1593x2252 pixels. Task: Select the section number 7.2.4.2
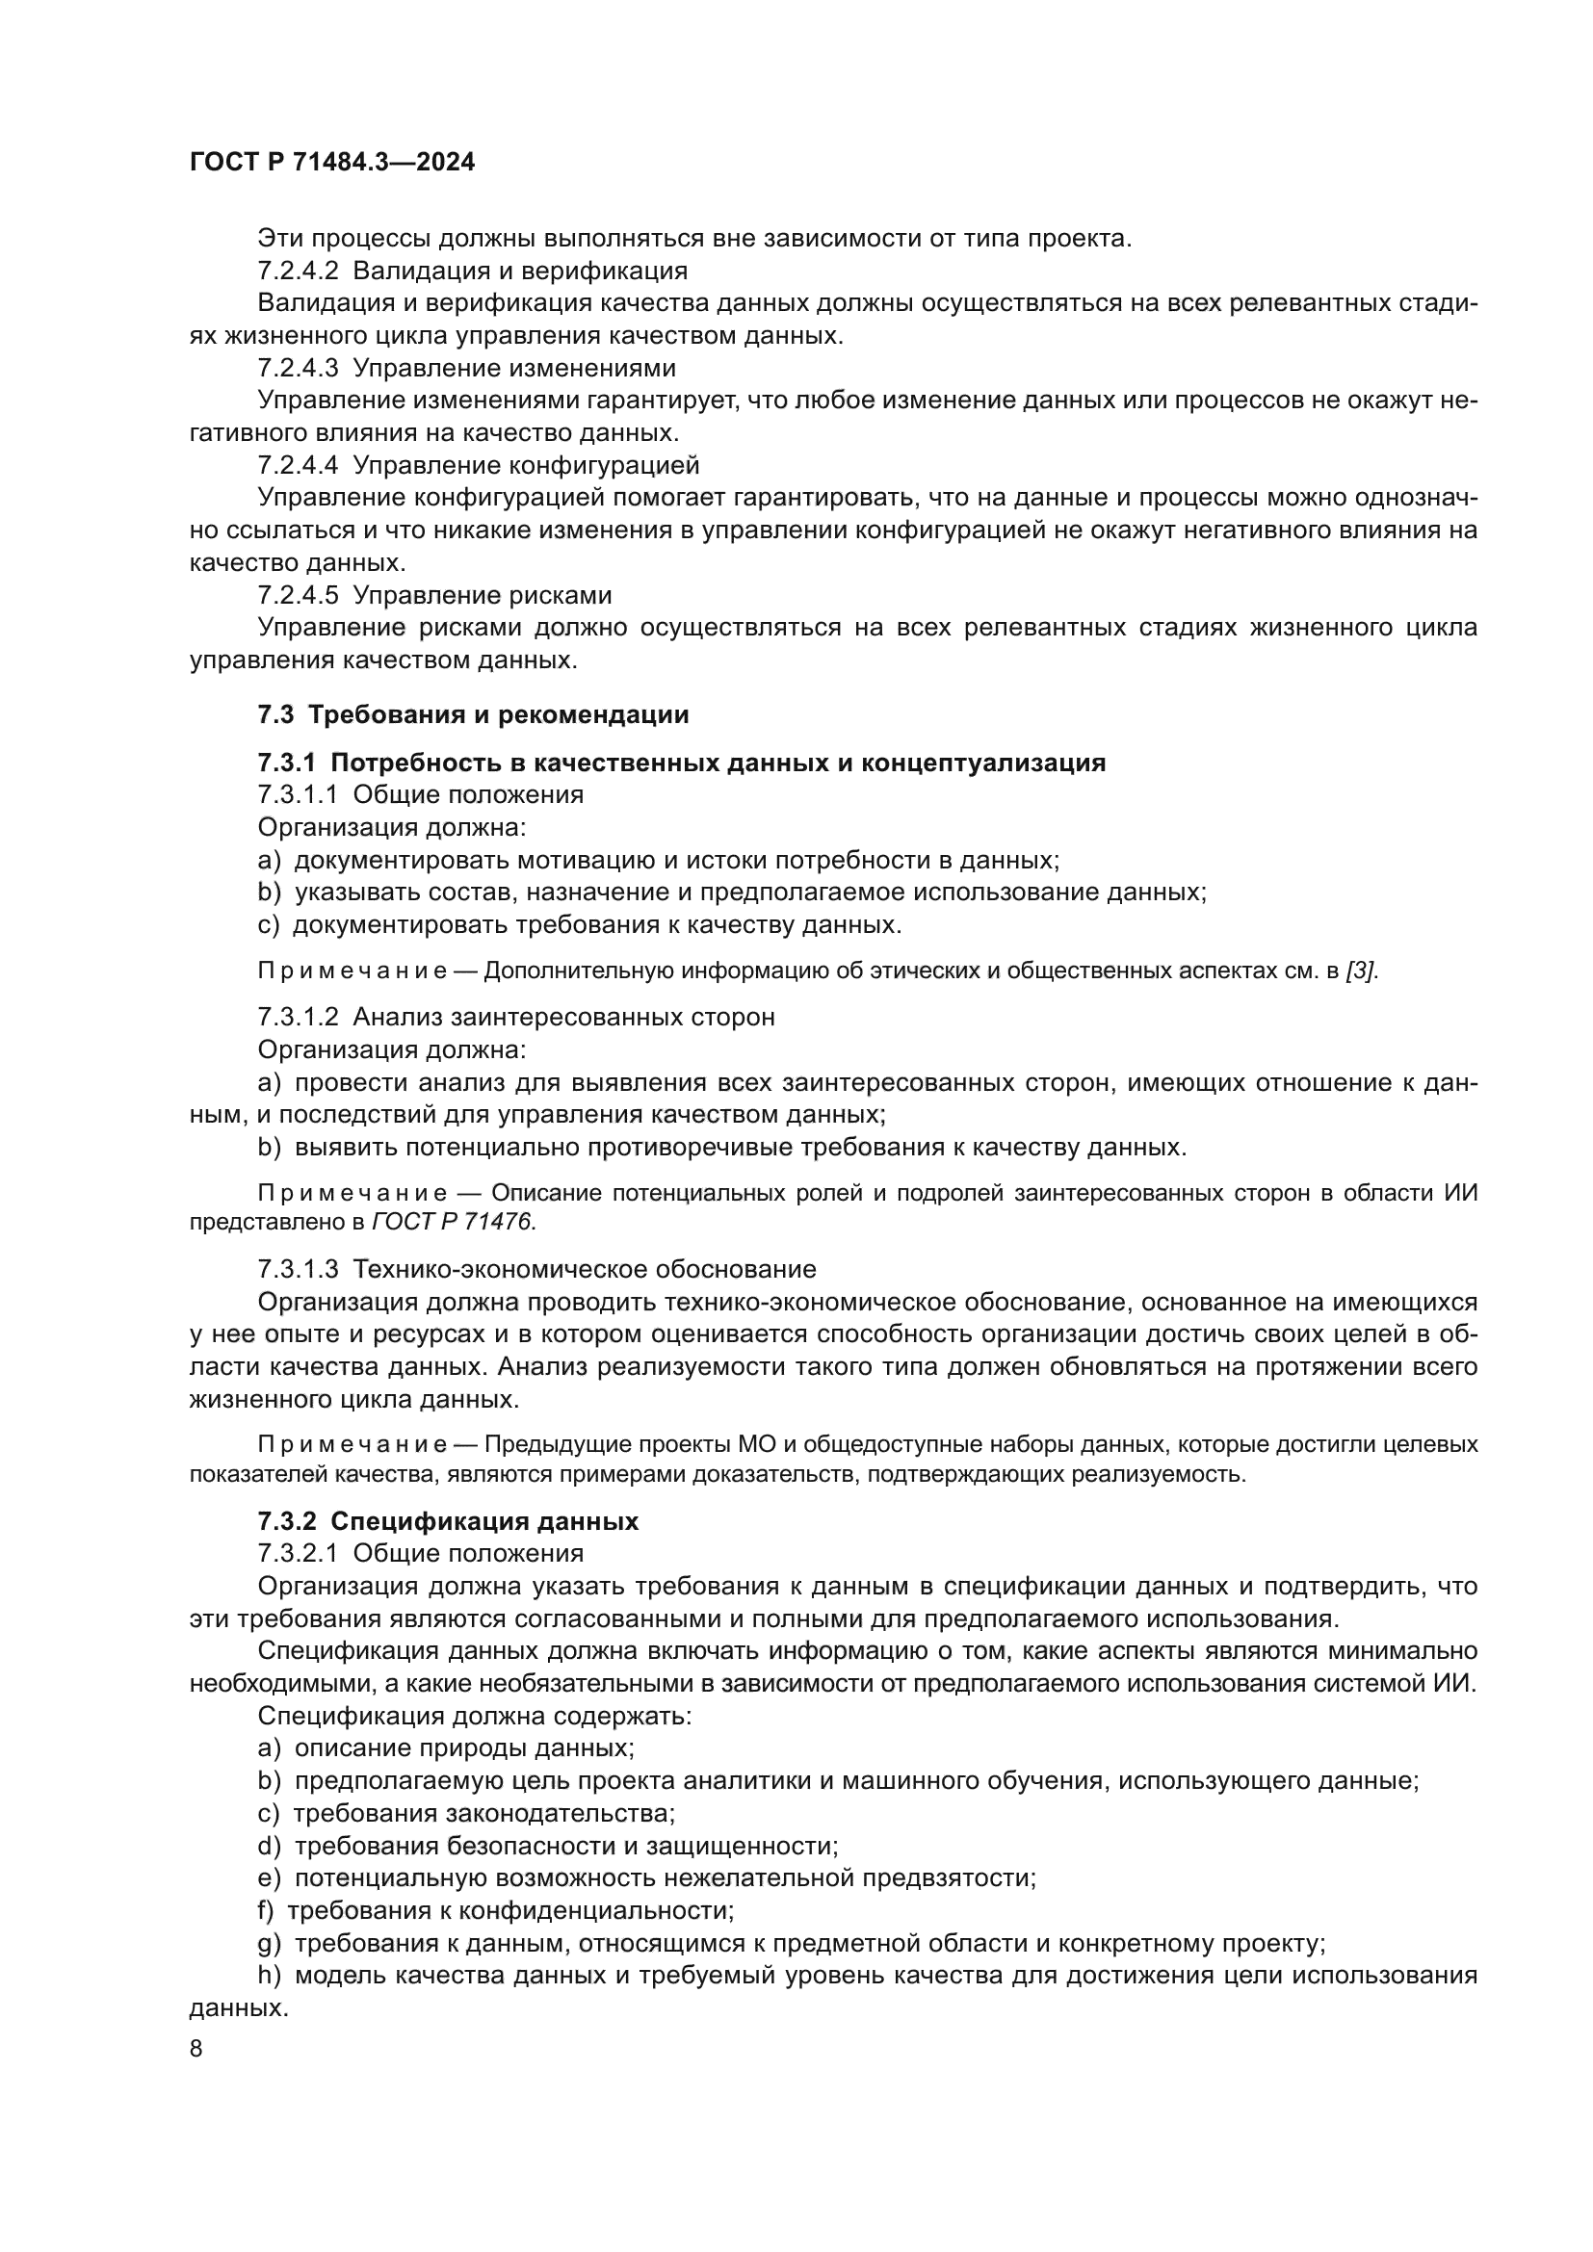(x=299, y=271)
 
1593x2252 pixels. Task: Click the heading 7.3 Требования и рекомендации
(x=473, y=714)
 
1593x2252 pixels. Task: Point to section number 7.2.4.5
(x=299, y=595)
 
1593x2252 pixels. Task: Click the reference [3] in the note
(x=1362, y=971)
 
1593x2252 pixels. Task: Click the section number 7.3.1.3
(x=299, y=1269)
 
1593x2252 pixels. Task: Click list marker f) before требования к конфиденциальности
(x=266, y=1909)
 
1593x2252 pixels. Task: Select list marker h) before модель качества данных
(x=269, y=1975)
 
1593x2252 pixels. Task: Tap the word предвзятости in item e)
(x=950, y=1877)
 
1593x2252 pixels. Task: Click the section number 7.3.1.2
(x=299, y=1017)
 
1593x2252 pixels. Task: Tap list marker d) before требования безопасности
(x=269, y=1845)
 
